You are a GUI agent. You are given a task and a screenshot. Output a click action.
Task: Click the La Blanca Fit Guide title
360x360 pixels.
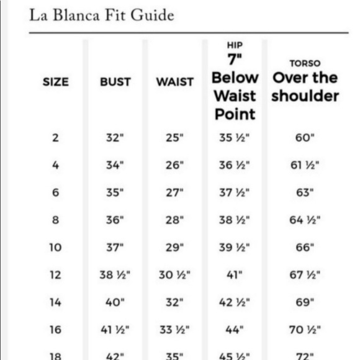pos(102,15)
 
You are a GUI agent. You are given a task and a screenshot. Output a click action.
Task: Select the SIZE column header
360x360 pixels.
pos(56,81)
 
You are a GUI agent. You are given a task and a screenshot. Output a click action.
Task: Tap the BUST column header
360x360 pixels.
pos(115,81)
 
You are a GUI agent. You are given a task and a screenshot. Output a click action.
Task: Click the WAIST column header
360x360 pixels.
pos(175,81)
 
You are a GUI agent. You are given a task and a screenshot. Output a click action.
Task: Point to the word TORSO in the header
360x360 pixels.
pos(305,63)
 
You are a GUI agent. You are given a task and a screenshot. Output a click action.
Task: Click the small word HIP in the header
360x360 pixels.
pos(235,45)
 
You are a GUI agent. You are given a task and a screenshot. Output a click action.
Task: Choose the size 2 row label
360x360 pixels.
pos(56,138)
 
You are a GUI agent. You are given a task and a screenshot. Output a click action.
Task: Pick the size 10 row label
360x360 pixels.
pos(56,247)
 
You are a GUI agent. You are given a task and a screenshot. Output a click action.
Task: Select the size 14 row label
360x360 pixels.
pos(56,302)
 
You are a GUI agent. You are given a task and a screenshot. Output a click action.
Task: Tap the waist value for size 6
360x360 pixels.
pos(175,192)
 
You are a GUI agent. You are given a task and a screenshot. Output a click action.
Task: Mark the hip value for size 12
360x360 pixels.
pos(235,275)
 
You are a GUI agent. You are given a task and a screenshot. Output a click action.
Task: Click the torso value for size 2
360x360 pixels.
pos(305,138)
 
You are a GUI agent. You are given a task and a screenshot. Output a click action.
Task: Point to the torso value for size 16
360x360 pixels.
pos(305,330)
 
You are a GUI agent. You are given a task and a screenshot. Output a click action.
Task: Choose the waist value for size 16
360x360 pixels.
pos(175,330)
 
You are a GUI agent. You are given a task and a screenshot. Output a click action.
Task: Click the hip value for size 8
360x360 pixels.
pos(235,220)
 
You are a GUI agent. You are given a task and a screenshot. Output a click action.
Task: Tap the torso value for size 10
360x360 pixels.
pos(305,247)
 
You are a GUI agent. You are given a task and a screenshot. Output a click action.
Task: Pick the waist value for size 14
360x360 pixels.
pos(175,302)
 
